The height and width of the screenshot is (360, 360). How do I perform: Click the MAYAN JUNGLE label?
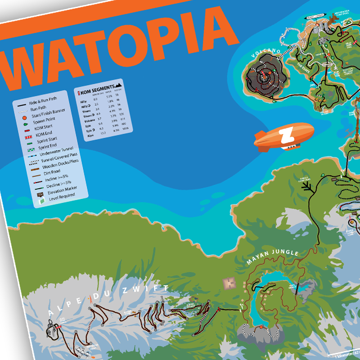point(272,257)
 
